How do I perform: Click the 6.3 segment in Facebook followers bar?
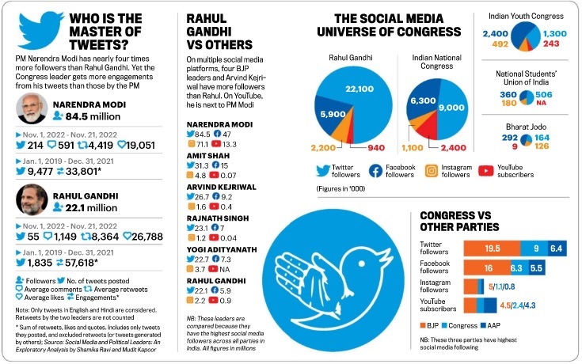coord(537,268)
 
